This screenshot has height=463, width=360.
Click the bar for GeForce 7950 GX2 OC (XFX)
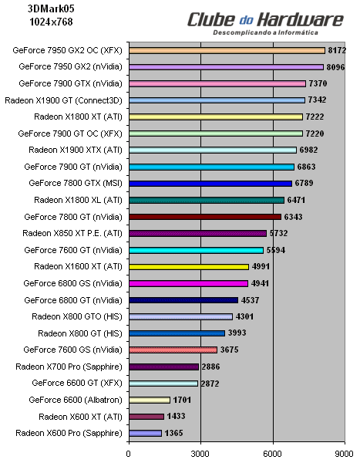(227, 50)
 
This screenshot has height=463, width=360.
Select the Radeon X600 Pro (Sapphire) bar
(145, 433)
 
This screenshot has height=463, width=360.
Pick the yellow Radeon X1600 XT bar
(188, 266)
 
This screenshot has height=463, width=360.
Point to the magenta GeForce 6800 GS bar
(187, 283)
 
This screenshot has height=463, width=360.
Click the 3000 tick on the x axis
(200, 454)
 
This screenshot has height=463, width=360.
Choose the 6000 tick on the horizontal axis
(272, 454)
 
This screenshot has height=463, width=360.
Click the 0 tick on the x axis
(129, 454)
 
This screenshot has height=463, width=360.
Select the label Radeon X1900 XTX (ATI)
(75, 150)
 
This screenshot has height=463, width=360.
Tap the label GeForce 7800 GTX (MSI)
(75, 183)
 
